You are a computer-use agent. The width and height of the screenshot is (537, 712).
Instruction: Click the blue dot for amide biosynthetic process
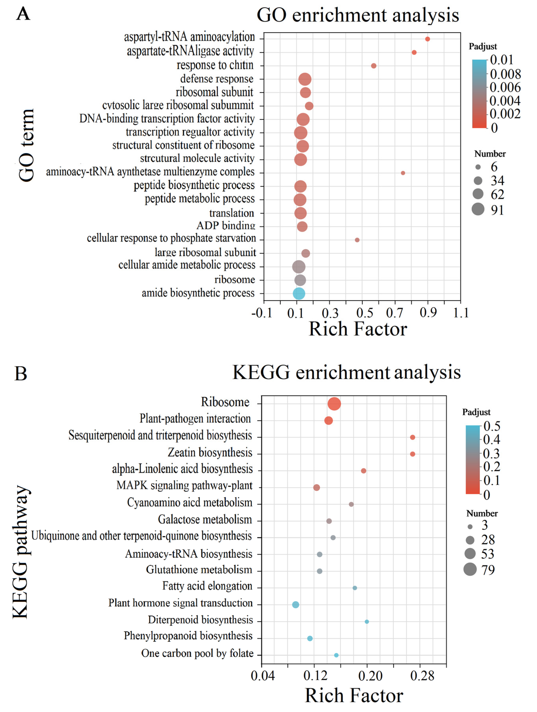coord(299,294)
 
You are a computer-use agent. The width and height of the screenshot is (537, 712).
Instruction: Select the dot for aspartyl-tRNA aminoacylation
coord(427,39)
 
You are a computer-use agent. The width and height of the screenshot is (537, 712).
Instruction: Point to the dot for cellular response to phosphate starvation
coord(357,240)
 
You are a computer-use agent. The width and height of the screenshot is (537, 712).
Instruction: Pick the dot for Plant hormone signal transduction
coord(295,605)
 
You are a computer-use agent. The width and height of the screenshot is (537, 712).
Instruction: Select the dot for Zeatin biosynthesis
coord(413,454)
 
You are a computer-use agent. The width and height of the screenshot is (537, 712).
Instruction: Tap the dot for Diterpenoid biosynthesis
coord(367,622)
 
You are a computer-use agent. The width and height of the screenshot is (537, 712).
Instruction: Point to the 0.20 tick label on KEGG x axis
coord(370,676)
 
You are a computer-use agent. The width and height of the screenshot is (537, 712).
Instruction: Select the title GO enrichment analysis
coord(358,15)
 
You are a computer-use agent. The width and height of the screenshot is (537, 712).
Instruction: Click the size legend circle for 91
coord(478,209)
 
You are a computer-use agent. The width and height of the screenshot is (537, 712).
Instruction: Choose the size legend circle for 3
coord(470,527)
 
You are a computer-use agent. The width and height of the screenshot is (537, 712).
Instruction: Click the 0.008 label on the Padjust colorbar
coord(505,74)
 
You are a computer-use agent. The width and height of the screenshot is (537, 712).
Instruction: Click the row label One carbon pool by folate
coord(197,653)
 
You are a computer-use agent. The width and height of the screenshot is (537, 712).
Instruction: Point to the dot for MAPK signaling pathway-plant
coord(316,488)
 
